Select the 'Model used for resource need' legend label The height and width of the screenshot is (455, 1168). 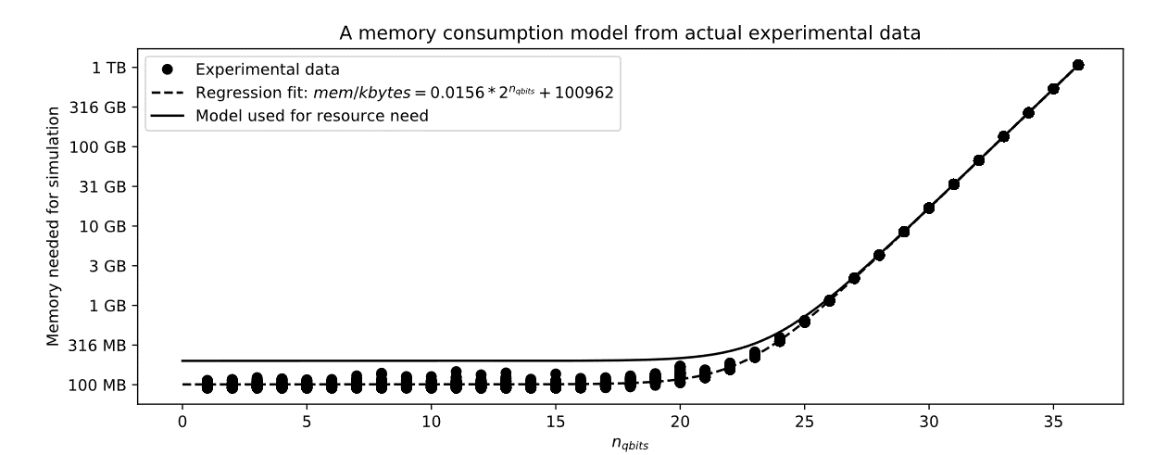[311, 116]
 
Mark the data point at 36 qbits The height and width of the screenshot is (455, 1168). [1078, 65]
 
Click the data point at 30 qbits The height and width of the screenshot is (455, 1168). [929, 208]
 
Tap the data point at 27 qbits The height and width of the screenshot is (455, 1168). [854, 278]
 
